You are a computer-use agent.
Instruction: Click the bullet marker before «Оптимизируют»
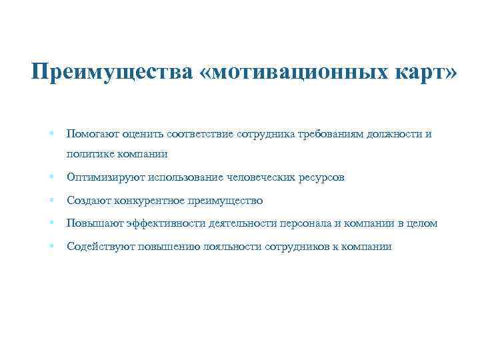tap(51, 177)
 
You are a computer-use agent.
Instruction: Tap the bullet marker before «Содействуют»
tap(51, 246)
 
